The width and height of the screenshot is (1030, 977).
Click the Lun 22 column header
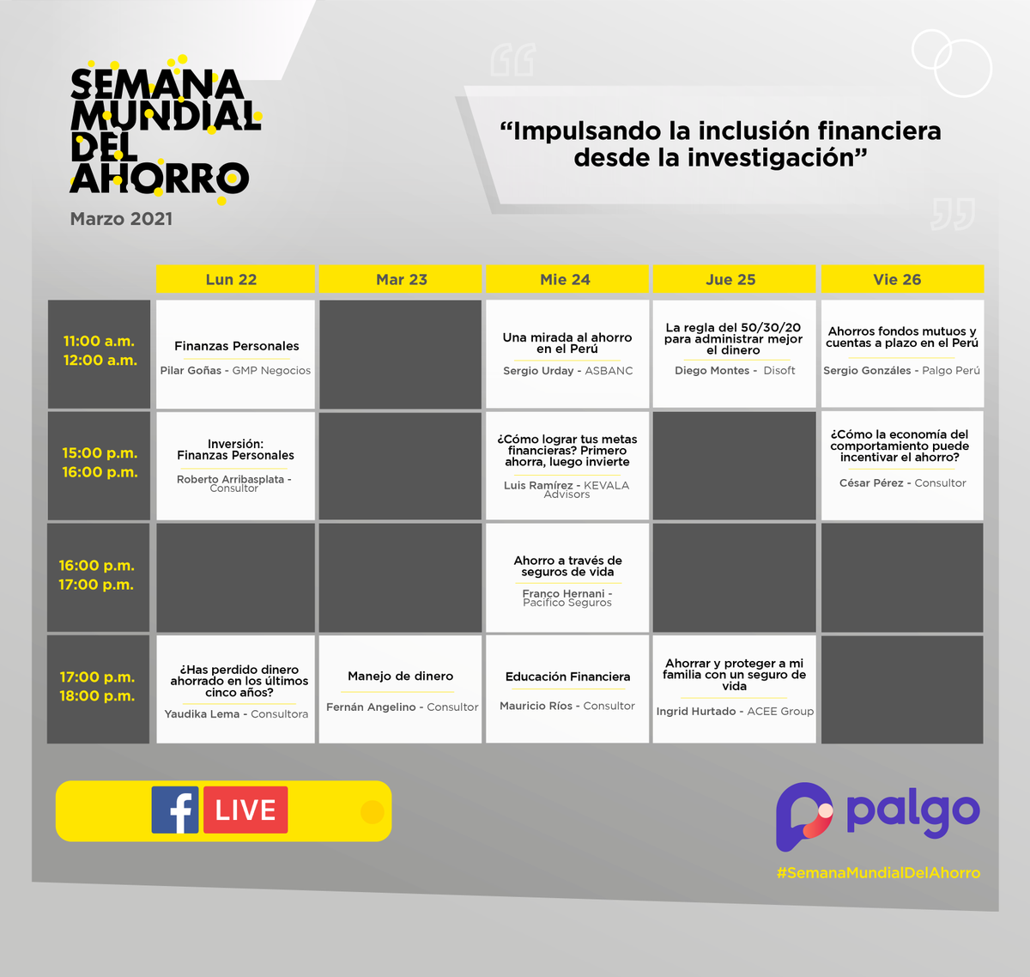point(232,279)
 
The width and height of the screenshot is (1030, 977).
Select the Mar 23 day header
point(401,279)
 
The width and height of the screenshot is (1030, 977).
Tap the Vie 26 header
point(897,279)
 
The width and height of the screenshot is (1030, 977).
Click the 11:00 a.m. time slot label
point(99,342)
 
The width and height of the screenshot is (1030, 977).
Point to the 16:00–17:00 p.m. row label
point(97,575)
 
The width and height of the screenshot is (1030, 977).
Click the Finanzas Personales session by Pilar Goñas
point(236,354)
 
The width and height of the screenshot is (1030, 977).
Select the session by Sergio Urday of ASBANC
point(567,354)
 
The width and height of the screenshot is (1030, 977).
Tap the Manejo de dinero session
point(400,689)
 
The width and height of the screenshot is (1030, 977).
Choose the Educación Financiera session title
point(567,677)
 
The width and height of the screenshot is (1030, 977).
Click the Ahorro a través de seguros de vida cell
point(567,577)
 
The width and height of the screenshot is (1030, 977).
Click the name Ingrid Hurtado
point(696,712)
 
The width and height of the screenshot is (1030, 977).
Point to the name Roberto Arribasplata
point(230,479)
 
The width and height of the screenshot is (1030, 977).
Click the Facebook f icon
point(175,810)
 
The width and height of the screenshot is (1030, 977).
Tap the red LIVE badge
point(245,810)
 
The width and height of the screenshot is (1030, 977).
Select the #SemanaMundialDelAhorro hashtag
point(878,872)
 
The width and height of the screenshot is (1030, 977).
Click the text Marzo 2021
point(121,219)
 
